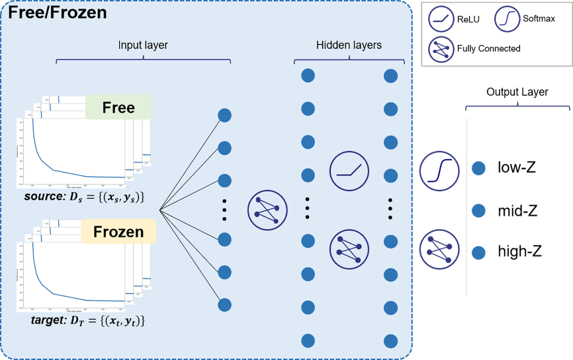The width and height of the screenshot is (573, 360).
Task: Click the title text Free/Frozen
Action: [58, 12]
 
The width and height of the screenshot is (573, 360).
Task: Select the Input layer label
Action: [143, 46]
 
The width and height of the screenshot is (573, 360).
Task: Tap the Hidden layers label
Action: [349, 46]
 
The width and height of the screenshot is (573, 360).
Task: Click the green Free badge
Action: [118, 107]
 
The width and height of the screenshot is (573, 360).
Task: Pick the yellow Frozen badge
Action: [118, 232]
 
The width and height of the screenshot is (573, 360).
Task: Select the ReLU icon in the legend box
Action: [441, 19]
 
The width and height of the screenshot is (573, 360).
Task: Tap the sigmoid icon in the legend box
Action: [507, 19]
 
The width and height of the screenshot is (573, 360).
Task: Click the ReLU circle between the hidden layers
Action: [349, 171]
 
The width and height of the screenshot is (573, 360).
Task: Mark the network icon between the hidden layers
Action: [349, 249]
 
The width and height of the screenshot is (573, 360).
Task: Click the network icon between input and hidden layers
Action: [267, 210]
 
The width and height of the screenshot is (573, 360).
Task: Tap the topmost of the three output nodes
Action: [478, 169]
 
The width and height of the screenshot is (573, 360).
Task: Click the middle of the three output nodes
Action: [478, 211]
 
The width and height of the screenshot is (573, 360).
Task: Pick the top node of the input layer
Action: [224, 115]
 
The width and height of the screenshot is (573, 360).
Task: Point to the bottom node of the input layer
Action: [224, 305]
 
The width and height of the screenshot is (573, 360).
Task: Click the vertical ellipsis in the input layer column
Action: [224, 210]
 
